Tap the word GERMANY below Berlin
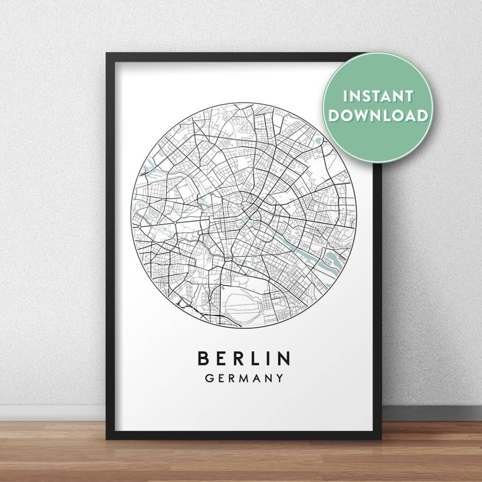pos(243,378)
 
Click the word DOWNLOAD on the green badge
pos(377,115)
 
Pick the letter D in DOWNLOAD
pos(333,115)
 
